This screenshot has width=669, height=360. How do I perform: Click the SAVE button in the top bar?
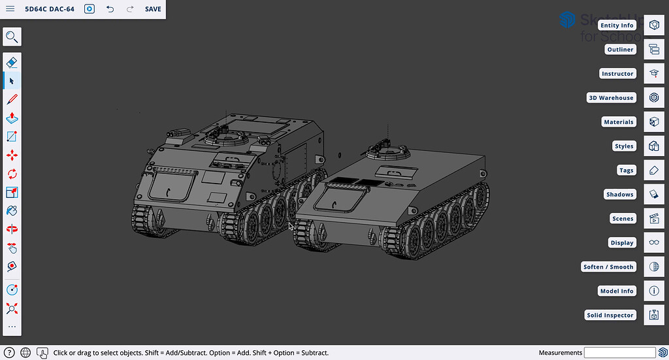[x=153, y=9]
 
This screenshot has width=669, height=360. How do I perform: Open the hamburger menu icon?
[x=10, y=9]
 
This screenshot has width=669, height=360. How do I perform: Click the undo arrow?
[x=110, y=9]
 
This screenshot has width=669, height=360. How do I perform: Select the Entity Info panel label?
[x=617, y=25]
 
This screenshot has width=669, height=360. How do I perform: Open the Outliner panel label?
[x=620, y=50]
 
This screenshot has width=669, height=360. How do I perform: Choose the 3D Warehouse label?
[x=611, y=98]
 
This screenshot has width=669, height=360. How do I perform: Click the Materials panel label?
[x=619, y=122]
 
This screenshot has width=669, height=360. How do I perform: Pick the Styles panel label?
[x=624, y=146]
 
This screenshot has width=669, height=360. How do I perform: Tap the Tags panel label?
[x=626, y=171]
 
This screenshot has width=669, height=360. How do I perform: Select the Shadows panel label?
[x=619, y=195]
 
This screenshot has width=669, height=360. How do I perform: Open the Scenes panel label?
[x=623, y=219]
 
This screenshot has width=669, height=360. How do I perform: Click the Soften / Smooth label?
[x=608, y=267]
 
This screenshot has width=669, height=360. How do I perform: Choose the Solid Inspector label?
[x=610, y=316]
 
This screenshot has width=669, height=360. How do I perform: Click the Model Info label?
[x=617, y=291]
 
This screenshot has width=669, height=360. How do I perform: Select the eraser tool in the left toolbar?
[x=12, y=62]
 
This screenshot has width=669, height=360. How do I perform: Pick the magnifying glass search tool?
[x=12, y=37]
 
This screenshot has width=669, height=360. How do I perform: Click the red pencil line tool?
[x=12, y=99]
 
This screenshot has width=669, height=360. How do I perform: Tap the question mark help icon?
[x=8, y=353]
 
